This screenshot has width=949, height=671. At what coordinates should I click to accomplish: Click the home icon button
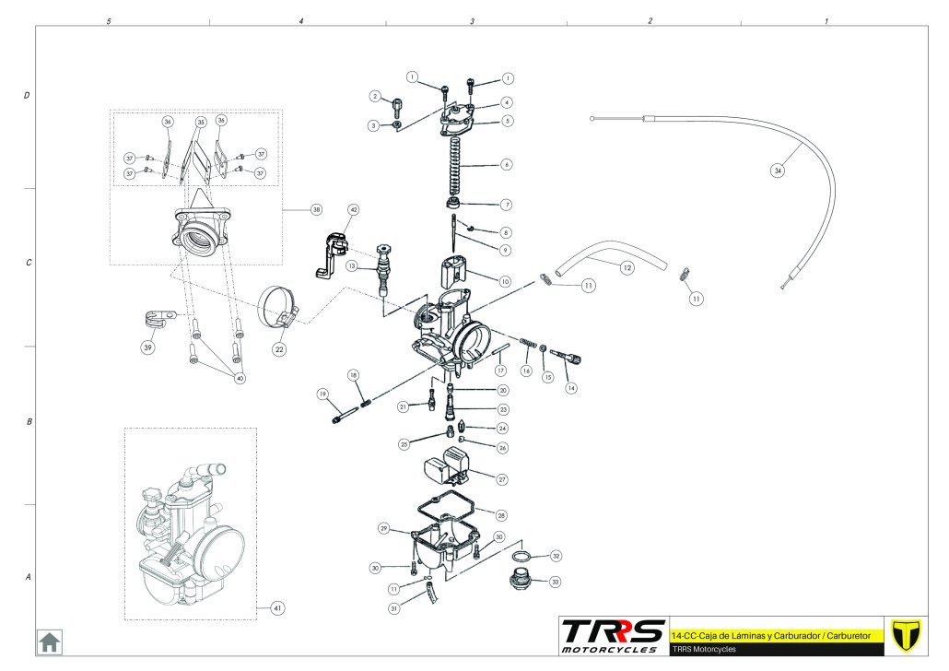point(48,641)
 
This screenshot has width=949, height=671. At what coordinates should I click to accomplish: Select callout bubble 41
point(275,608)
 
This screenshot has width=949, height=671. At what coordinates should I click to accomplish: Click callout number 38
point(316,210)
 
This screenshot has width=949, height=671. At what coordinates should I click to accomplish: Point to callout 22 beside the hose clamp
point(278,350)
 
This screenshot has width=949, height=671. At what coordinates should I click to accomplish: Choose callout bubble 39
point(147,347)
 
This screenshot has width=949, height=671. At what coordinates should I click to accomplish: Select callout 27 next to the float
point(502,479)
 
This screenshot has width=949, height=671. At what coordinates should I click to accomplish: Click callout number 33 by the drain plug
point(555,582)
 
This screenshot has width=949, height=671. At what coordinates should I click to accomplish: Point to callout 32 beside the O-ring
point(555,556)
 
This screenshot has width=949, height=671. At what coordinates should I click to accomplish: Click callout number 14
point(571,388)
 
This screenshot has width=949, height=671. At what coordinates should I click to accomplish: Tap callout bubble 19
point(322,394)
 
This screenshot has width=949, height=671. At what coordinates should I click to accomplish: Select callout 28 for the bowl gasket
point(501,514)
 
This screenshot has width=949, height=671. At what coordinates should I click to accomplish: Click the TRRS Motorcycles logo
point(614,635)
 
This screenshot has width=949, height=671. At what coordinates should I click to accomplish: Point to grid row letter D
point(28,95)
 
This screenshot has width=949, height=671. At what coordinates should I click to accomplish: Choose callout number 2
point(375,96)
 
